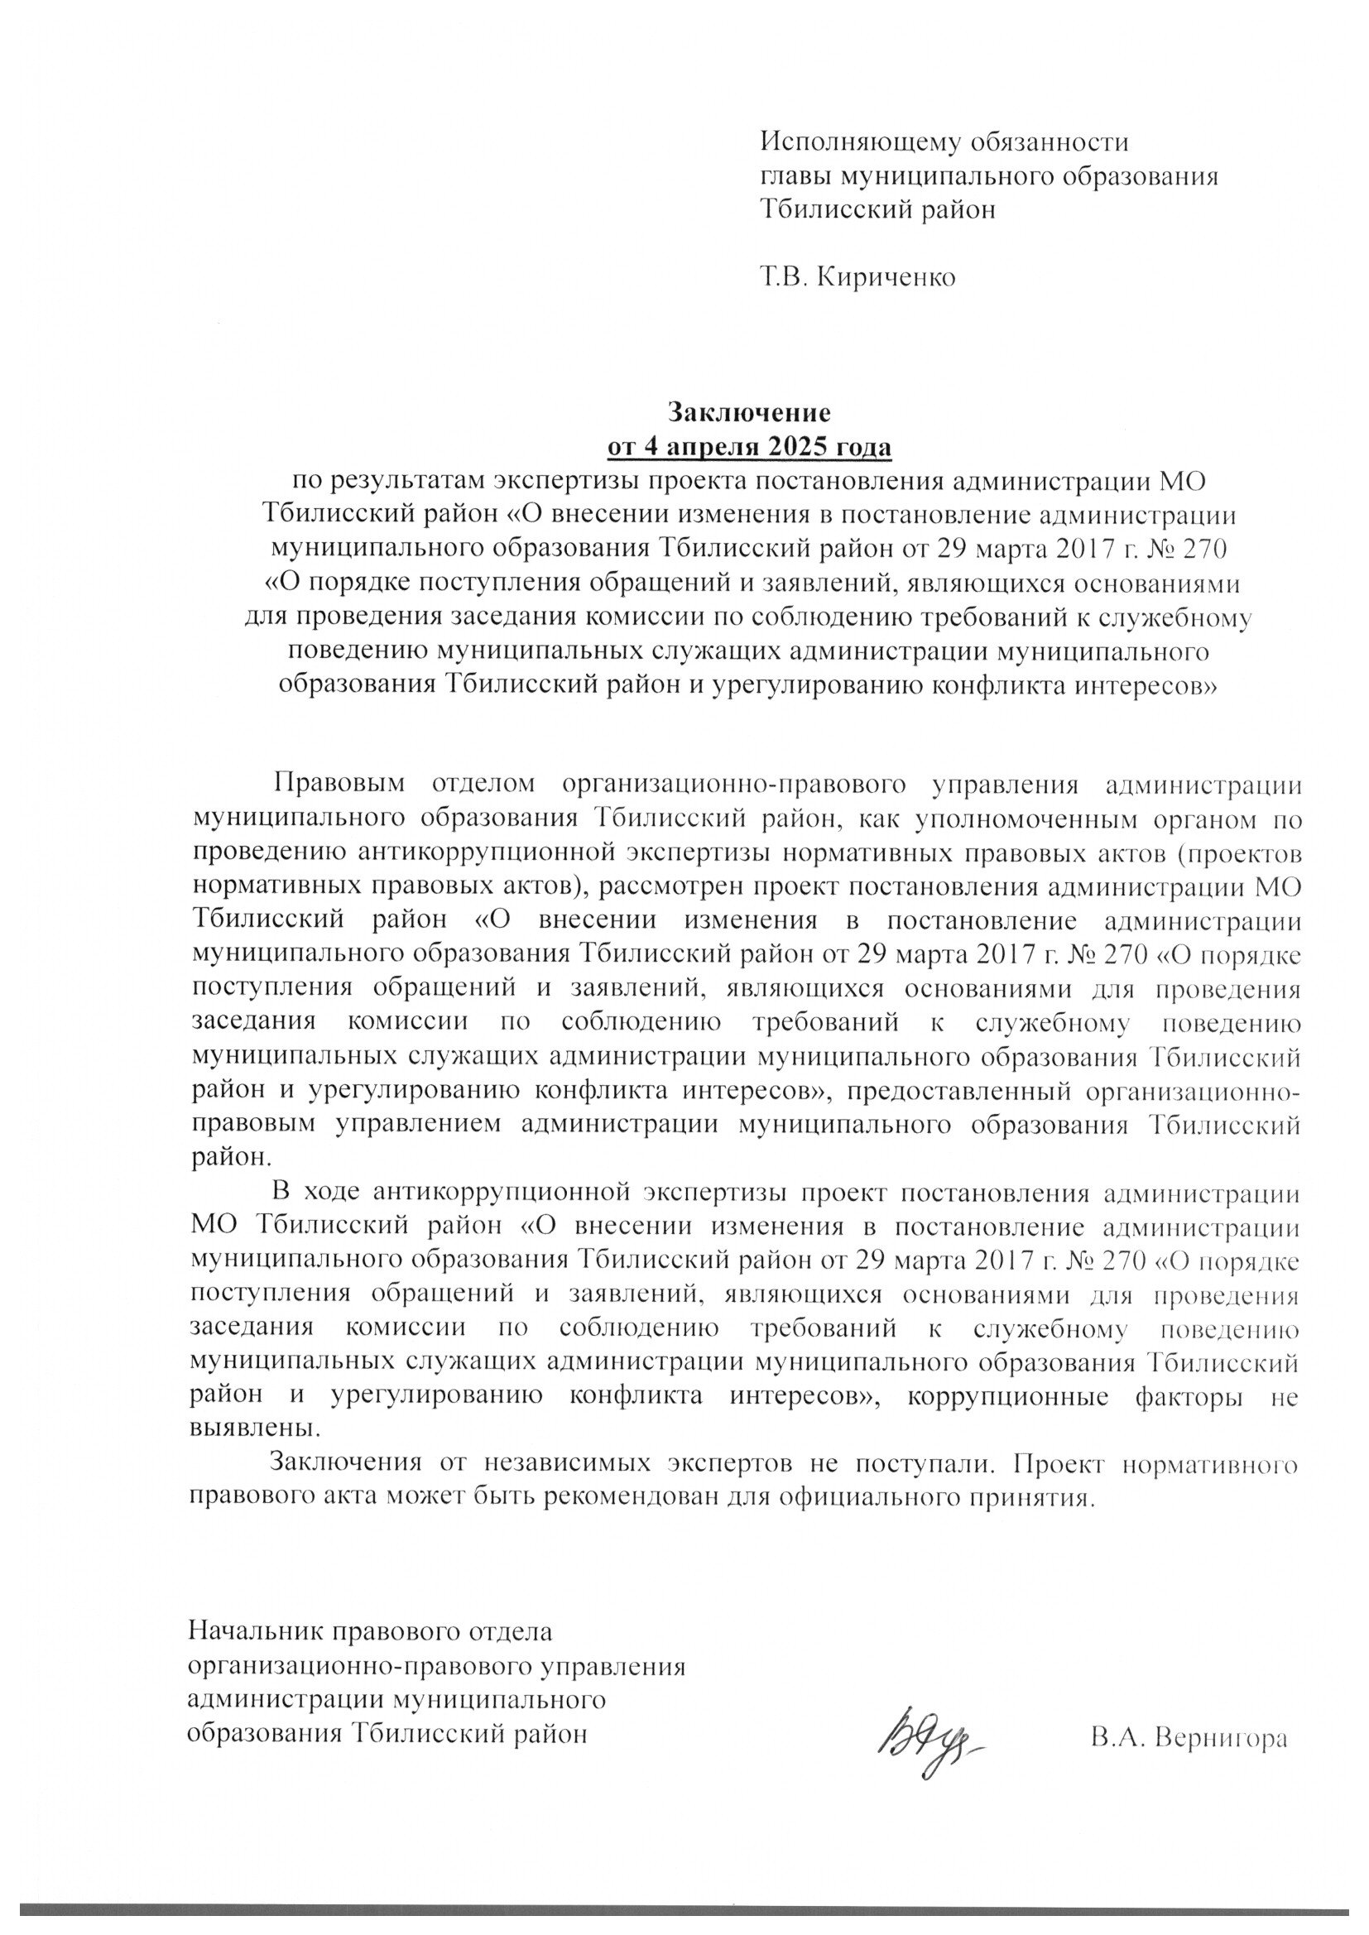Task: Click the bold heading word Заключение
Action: tap(749, 413)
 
